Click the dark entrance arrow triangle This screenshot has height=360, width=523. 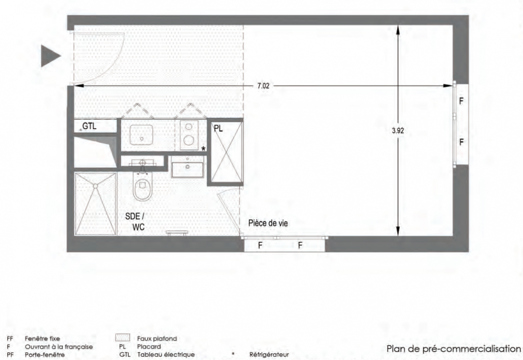click(49, 56)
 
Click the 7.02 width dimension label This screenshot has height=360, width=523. click(263, 85)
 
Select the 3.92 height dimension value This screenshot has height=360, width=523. click(398, 130)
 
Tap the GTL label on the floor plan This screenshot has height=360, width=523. click(90, 126)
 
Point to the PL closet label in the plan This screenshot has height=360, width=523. click(218, 129)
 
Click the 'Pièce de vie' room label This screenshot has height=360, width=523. click(268, 223)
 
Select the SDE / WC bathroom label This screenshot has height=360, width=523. click(135, 221)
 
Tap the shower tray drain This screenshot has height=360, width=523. click(96, 186)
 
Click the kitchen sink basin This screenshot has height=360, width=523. click(141, 135)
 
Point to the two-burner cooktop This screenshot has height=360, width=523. click(189, 135)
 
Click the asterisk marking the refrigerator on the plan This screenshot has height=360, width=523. click(203, 149)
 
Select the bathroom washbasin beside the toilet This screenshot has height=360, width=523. click(187, 169)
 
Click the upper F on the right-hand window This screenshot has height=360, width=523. click(461, 101)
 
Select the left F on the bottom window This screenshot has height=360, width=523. click(260, 246)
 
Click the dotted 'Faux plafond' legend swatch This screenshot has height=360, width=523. click(122, 337)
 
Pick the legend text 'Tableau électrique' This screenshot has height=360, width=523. click(166, 354)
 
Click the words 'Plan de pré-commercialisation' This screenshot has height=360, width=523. click(454, 349)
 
